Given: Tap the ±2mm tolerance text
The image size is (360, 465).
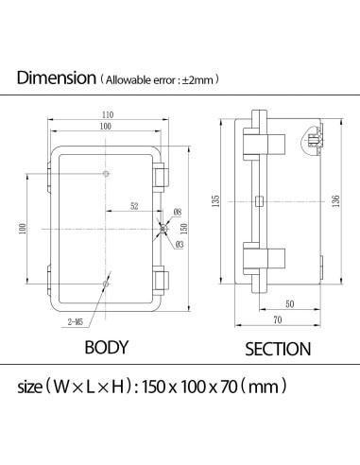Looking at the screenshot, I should click(199, 80).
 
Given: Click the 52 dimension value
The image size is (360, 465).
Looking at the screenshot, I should click(134, 206).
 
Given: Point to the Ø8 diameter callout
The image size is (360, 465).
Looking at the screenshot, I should click(178, 212).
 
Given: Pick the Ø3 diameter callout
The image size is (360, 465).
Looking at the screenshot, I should click(179, 245).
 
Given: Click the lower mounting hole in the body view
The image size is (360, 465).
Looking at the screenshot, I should click(108, 282).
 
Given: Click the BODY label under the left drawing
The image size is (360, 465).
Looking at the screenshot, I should click(106, 347).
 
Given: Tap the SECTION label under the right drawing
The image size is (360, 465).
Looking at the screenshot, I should click(278, 349).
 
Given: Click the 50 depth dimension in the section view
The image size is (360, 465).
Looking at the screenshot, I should click(288, 304).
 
